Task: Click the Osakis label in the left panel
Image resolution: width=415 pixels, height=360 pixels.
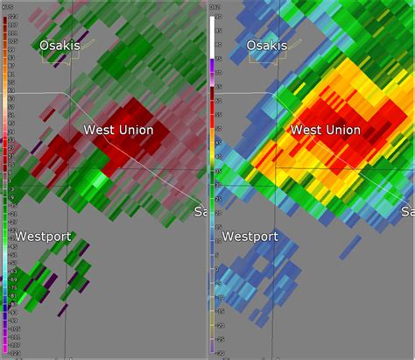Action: coord(59,46)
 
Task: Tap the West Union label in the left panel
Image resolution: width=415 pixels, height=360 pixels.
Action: coord(118,130)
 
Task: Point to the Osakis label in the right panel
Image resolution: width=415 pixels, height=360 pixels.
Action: coord(266,46)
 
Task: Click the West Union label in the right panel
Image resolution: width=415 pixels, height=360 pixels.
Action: coord(325,130)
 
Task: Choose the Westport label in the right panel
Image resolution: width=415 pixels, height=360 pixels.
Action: coord(250,237)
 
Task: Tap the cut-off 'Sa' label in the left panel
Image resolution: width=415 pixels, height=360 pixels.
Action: coord(200,212)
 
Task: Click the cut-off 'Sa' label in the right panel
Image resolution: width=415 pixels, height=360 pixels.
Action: coord(408,212)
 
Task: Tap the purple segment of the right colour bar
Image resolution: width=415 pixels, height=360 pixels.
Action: coord(213,61)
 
